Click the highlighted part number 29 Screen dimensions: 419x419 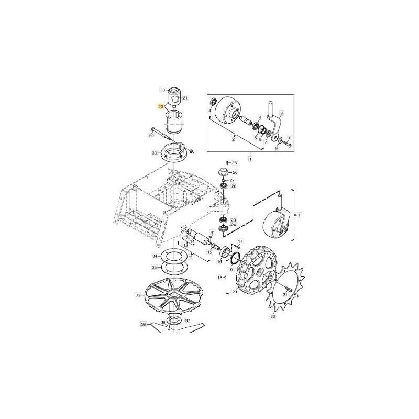(x=161, y=106)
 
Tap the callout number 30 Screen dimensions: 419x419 (x=163, y=89)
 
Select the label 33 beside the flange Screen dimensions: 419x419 (x=154, y=152)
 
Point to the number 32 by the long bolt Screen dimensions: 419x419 (x=151, y=135)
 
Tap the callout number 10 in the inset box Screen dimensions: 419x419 (x=289, y=138)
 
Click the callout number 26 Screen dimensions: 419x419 (x=235, y=172)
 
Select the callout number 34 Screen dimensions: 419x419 (x=154, y=256)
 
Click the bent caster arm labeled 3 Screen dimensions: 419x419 (x=277, y=124)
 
